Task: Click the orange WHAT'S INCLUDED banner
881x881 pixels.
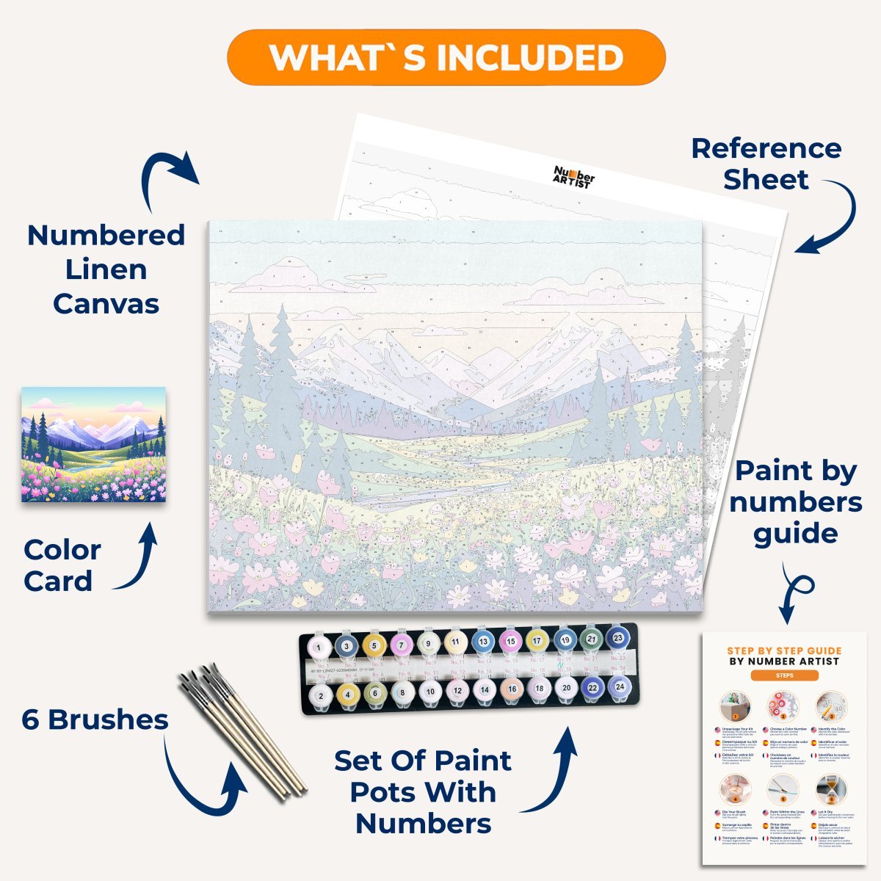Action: pyautogui.click(x=446, y=57)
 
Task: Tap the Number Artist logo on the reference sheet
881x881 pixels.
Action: pyautogui.click(x=573, y=176)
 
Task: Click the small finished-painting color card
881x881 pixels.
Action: pyautogui.click(x=93, y=444)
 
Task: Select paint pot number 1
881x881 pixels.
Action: pyautogui.click(x=319, y=647)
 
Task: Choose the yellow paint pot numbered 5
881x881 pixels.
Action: pyautogui.click(x=374, y=645)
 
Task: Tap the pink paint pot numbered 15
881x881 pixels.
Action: pyautogui.click(x=510, y=642)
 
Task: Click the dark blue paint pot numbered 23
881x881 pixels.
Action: pyautogui.click(x=618, y=638)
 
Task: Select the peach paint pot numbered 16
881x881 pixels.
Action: pyautogui.click(x=512, y=689)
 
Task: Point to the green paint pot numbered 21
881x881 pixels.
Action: pyautogui.click(x=592, y=639)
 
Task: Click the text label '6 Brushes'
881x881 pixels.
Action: pyautogui.click(x=95, y=719)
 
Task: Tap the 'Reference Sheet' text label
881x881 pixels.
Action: pyautogui.click(x=766, y=164)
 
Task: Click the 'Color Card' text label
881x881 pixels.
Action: pyautogui.click(x=62, y=565)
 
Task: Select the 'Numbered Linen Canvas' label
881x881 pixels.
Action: pyautogui.click(x=106, y=269)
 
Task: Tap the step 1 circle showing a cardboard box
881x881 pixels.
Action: pyautogui.click(x=735, y=708)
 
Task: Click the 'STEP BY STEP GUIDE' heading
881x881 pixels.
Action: pyautogui.click(x=784, y=650)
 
